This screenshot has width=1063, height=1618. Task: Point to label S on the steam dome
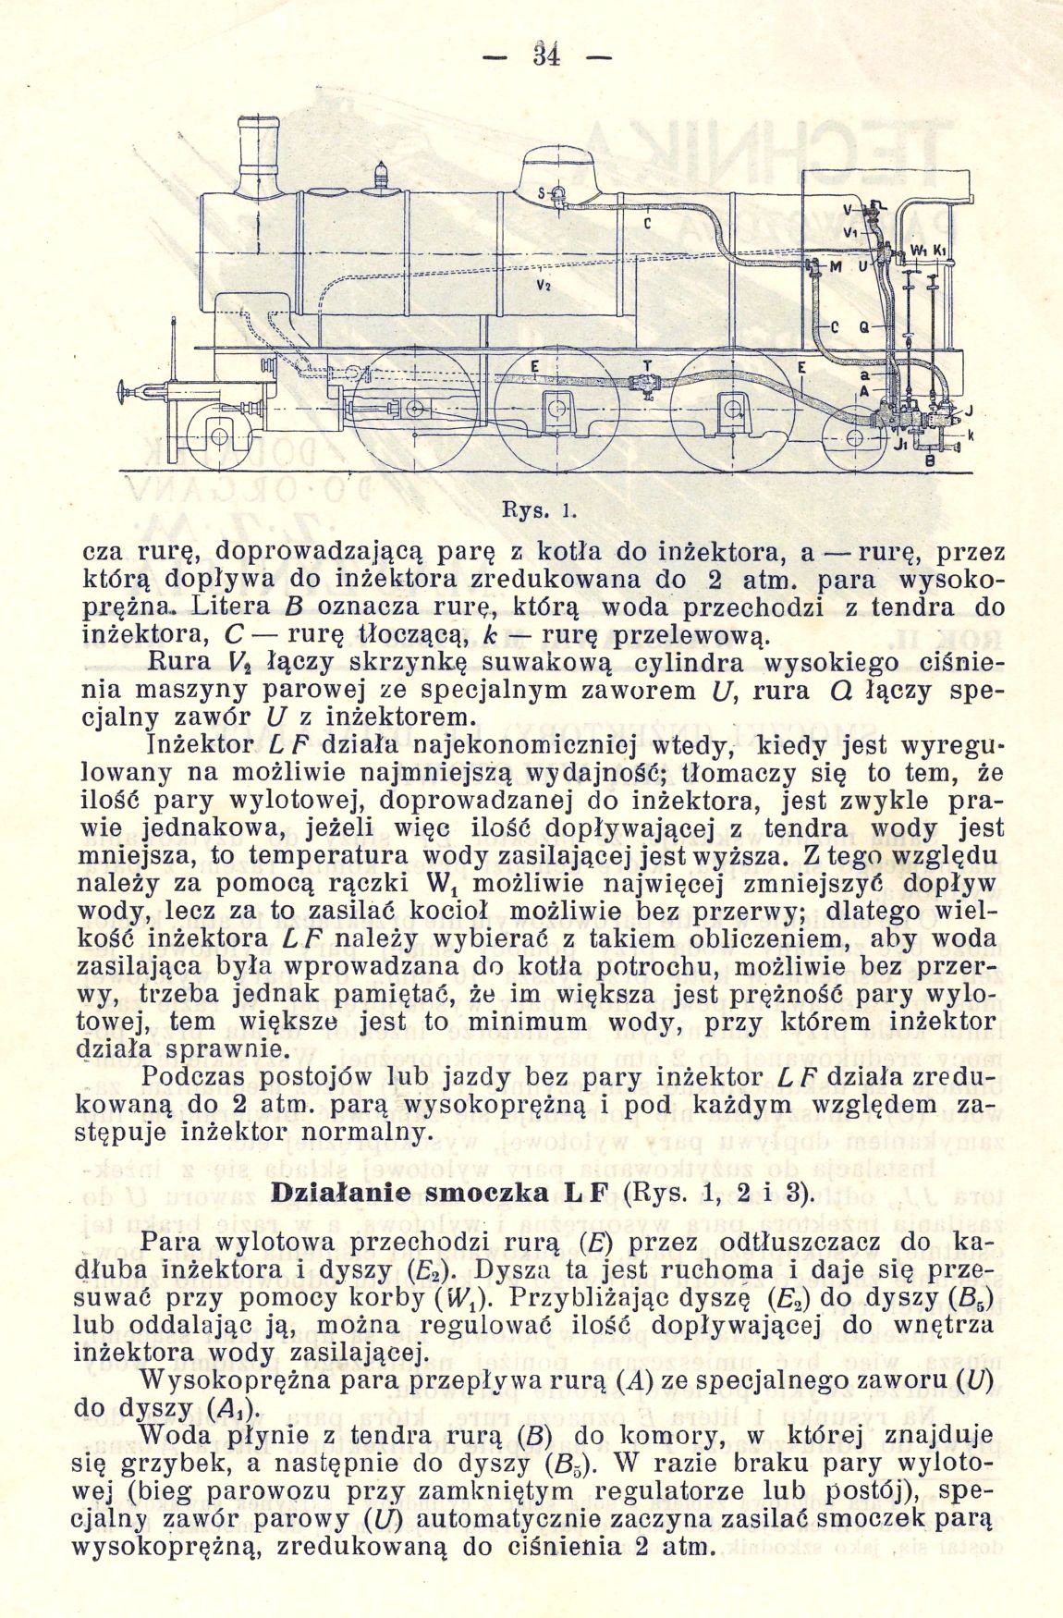click(x=542, y=193)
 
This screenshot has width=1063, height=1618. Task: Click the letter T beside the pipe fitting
click(x=647, y=367)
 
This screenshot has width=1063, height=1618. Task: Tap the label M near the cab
click(x=835, y=267)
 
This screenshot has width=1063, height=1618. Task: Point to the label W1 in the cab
click(x=918, y=251)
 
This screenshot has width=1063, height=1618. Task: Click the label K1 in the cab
click(x=938, y=251)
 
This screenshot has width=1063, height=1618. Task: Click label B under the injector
click(x=930, y=460)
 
